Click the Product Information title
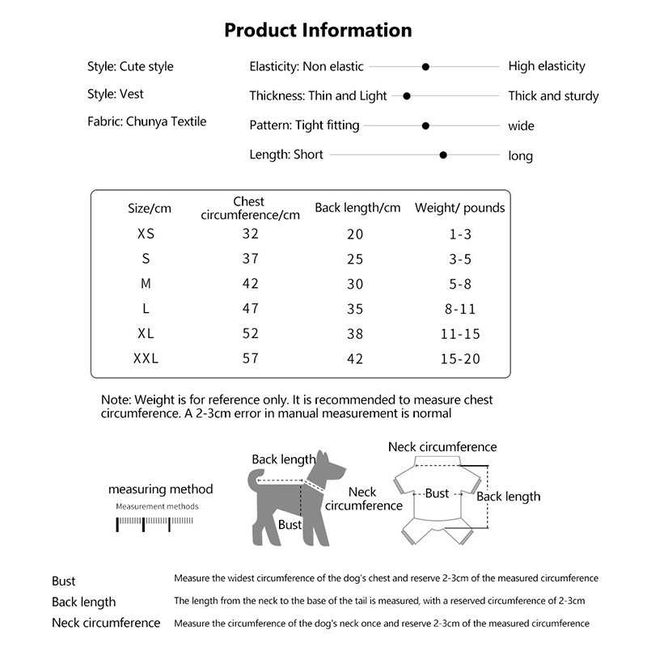[x=318, y=31]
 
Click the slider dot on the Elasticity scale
[x=425, y=66]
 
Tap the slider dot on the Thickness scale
[x=407, y=95]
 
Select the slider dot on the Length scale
[x=443, y=154]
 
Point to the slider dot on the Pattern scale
[x=425, y=125]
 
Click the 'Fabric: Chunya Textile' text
[x=147, y=121]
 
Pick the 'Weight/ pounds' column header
[x=459, y=208]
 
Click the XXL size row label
[x=146, y=358]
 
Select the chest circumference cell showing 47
[x=250, y=308]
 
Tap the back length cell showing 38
[x=355, y=333]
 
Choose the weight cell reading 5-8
[x=459, y=284]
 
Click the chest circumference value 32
[x=250, y=234]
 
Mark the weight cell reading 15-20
[x=459, y=358]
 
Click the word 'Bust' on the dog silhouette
[x=290, y=525]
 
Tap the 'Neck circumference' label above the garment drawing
[x=442, y=446]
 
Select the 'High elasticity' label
[x=546, y=66]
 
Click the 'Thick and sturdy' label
[x=553, y=96]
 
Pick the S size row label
[x=146, y=259]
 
